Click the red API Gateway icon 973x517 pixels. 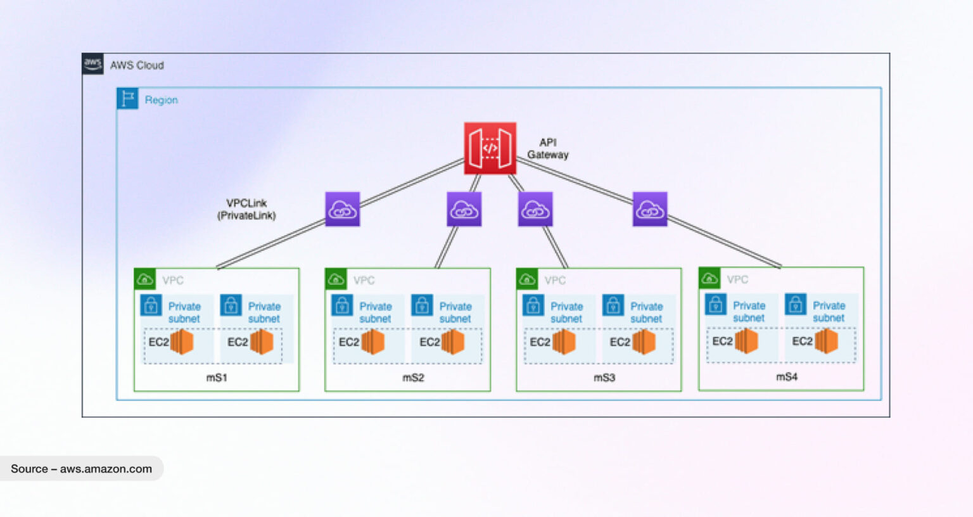pos(490,148)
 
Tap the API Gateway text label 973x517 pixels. pos(548,149)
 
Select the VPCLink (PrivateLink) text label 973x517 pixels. pos(246,210)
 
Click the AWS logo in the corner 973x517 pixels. pos(93,64)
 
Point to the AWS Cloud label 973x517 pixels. pos(137,65)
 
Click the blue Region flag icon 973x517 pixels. pos(128,99)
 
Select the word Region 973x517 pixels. pos(161,100)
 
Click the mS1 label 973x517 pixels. pos(217,378)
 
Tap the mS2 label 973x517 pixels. pos(413,378)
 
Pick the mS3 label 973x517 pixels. pos(604,378)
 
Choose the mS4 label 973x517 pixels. pos(787,377)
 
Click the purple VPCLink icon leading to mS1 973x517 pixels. pos(343,210)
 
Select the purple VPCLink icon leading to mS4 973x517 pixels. pos(650,210)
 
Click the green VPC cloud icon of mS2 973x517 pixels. pos(336,279)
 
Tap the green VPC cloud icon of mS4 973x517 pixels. pos(709,278)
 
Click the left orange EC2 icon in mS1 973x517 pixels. pos(182,342)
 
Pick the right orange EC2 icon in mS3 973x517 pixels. pos(644,342)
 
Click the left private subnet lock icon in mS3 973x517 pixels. pos(533,305)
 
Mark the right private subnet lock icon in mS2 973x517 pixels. pos(422,305)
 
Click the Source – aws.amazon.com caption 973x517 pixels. pos(81,469)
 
